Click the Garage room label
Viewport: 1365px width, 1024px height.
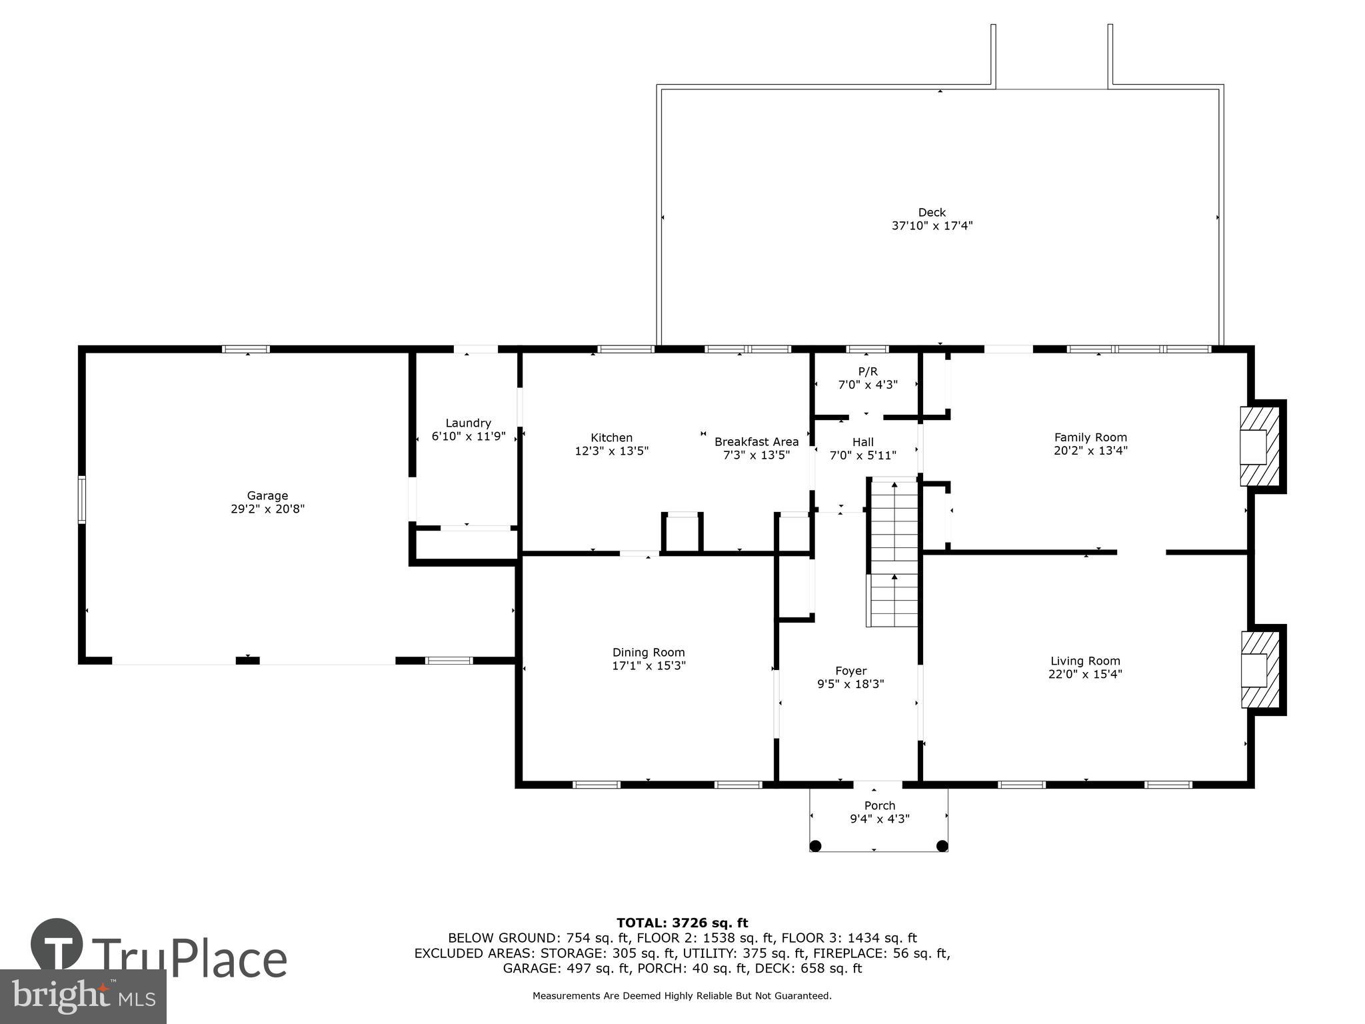click(x=267, y=495)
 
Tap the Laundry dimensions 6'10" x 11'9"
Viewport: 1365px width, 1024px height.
click(x=469, y=437)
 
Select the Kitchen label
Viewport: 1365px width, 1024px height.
click(x=611, y=437)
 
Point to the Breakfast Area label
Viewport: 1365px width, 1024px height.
click(x=756, y=441)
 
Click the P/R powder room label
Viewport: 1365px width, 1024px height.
click(x=867, y=371)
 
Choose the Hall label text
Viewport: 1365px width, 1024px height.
click(x=862, y=442)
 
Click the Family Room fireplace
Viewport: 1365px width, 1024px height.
click(x=1259, y=446)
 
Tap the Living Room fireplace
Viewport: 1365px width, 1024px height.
click(x=1259, y=670)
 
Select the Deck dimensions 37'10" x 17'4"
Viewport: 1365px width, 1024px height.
click(x=932, y=226)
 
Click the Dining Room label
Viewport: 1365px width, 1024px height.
click(x=649, y=653)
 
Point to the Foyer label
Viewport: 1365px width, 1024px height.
click(x=850, y=671)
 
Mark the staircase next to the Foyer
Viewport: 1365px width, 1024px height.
click(x=894, y=553)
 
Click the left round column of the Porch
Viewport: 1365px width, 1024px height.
click(x=815, y=846)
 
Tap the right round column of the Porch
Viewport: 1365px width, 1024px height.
click(x=942, y=846)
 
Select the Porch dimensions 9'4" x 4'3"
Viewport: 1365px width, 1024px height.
click(x=880, y=819)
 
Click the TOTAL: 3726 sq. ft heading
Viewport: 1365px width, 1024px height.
click(x=682, y=923)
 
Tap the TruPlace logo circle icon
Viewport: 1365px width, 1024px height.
click(x=57, y=944)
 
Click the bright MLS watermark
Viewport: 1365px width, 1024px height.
click(x=83, y=996)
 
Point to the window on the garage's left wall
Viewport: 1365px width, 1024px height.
click(x=82, y=499)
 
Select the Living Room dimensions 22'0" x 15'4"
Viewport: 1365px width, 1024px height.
click(x=1085, y=674)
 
